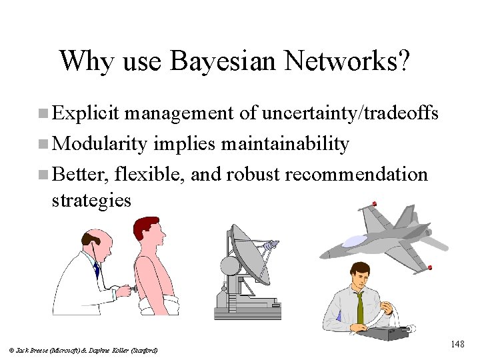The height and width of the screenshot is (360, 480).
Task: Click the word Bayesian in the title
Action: tap(223, 61)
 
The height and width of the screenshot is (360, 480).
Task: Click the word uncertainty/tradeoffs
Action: tap(350, 114)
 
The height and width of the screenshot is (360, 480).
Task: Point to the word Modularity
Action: tap(99, 144)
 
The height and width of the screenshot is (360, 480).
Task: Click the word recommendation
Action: tap(356, 175)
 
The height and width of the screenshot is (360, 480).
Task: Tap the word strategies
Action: tap(91, 200)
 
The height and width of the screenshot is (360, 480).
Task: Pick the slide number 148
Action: tap(457, 344)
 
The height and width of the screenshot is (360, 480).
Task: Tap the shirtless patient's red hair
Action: tap(149, 223)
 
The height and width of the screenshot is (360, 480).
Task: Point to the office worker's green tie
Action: tap(360, 307)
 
